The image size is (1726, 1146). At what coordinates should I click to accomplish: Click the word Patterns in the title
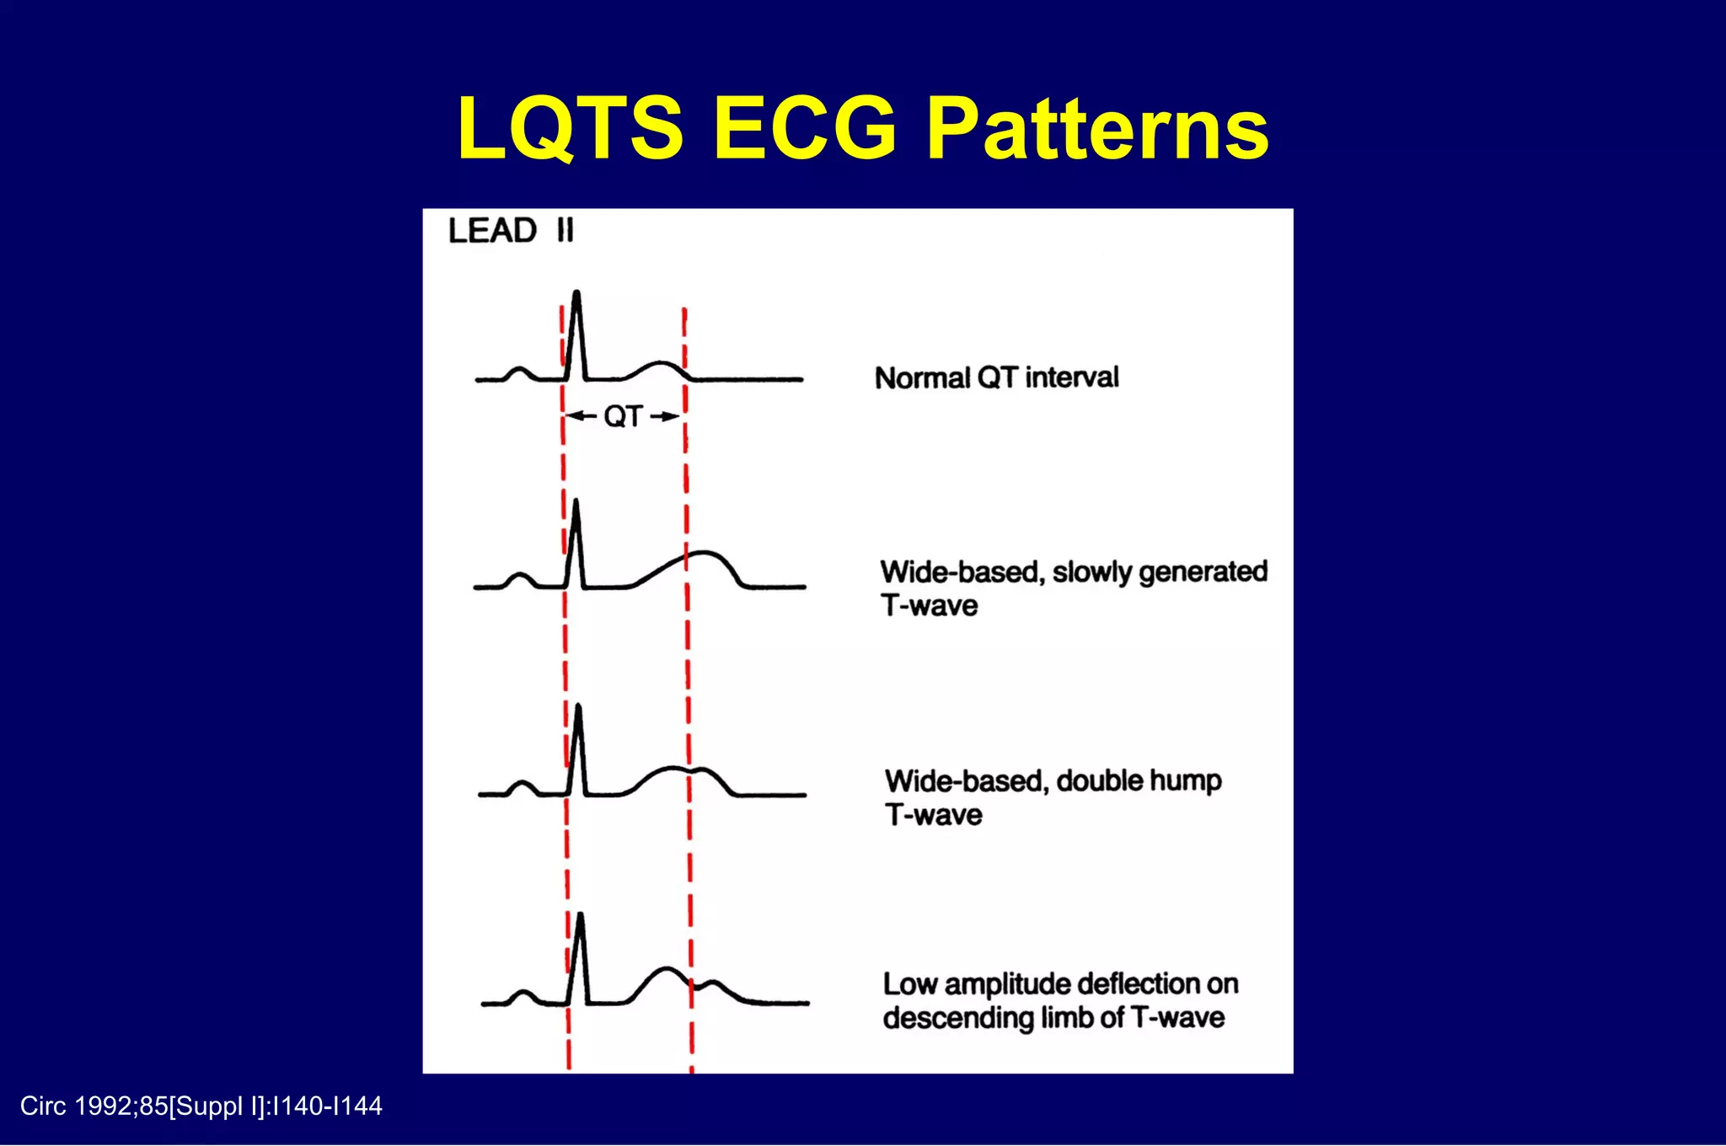[x=1097, y=129]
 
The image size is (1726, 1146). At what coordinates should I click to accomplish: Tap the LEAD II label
[x=511, y=231]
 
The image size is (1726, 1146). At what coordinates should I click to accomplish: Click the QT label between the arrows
[x=623, y=416]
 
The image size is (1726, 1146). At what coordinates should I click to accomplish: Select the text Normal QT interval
[x=996, y=378]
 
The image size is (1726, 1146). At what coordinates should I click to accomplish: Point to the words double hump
[x=1138, y=781]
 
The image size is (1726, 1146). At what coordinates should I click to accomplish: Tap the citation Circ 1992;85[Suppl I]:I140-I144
[x=201, y=1106]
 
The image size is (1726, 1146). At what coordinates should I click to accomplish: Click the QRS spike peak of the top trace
[x=576, y=294]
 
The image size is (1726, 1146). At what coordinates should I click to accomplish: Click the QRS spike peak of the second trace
[x=576, y=503]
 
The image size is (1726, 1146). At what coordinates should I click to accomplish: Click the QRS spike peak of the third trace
[x=578, y=707]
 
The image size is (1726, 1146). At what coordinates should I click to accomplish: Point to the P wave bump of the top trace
[x=519, y=369]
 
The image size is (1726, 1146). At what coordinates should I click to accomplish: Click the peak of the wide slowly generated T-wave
[x=705, y=554]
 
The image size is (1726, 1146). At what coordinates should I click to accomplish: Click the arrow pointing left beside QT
[x=580, y=416]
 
